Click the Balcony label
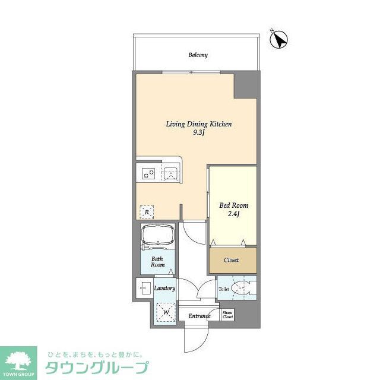coord(198,55)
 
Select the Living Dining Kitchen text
coord(198,124)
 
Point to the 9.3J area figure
coord(198,134)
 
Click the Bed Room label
coord(233,205)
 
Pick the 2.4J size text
coord(233,215)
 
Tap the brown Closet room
coord(232,260)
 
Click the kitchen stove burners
coord(148,174)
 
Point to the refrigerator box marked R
coord(146,210)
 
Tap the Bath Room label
coord(157,262)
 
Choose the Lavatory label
coord(164,289)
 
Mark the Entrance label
coord(199,316)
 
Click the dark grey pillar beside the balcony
coord(245,85)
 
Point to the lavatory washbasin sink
coord(144,289)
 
